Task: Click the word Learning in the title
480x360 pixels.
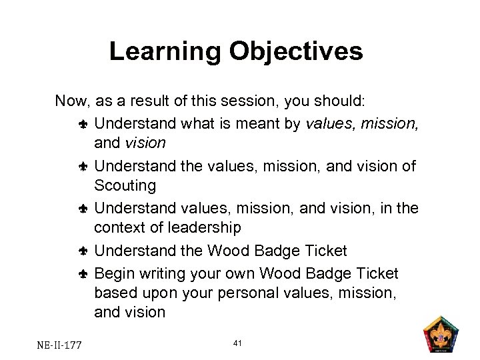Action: (165, 51)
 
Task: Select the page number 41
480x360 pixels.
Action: (239, 343)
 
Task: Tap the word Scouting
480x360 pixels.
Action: (125, 185)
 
